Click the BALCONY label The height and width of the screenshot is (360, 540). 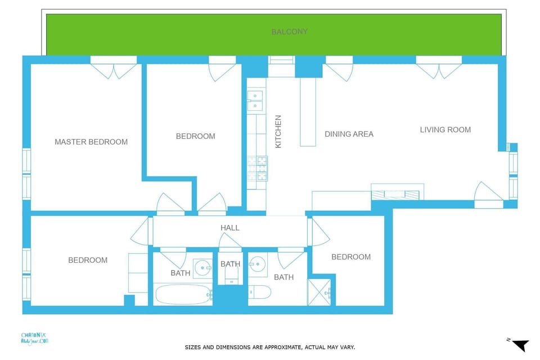[290, 31]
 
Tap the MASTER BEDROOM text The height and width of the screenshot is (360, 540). [91, 142]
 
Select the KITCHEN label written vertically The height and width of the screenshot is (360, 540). [278, 132]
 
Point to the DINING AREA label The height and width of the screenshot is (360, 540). [349, 134]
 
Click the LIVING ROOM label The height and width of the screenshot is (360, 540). [445, 129]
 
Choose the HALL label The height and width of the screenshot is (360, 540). [229, 228]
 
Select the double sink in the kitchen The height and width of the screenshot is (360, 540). [255, 100]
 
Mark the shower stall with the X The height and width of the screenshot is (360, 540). [320, 292]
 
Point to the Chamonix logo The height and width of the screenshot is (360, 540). [35, 337]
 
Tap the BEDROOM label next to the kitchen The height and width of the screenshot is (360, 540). [195, 136]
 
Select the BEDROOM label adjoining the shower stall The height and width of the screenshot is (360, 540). [350, 256]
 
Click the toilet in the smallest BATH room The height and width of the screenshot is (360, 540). [231, 275]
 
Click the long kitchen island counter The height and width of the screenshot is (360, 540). [308, 112]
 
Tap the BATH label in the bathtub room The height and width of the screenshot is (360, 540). [180, 273]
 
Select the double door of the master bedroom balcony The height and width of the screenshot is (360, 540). [114, 70]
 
